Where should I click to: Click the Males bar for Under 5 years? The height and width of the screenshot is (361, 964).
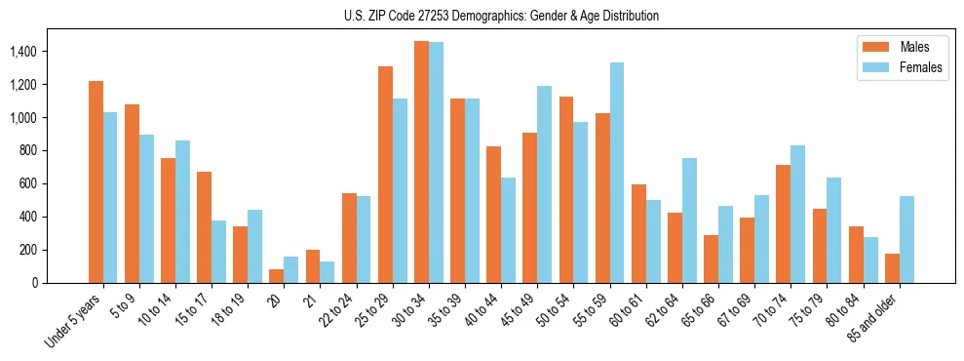pos(96,181)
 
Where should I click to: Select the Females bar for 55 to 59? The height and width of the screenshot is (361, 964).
pos(617,173)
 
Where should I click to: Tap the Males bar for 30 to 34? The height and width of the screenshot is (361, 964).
pos(421,162)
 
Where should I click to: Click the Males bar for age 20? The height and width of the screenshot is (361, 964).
pos(277,276)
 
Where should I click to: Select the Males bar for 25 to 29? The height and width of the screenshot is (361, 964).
pos(385,175)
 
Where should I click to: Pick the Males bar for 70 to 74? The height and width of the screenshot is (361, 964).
pos(747,223)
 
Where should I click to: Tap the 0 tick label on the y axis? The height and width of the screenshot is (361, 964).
pos(62,283)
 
